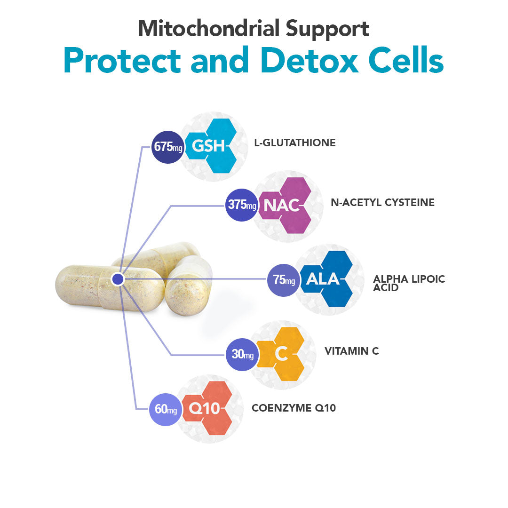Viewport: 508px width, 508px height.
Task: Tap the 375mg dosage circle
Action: [x=242, y=205]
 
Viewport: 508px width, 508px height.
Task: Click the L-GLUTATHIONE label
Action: [x=295, y=143]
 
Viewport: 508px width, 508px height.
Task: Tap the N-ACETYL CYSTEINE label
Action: [x=382, y=202]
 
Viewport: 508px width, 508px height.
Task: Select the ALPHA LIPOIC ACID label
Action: [x=409, y=283]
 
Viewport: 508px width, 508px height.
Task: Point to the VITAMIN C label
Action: [x=351, y=351]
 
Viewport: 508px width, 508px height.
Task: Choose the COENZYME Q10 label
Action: [x=294, y=408]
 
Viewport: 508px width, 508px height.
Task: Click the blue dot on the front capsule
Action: [x=118, y=279]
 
